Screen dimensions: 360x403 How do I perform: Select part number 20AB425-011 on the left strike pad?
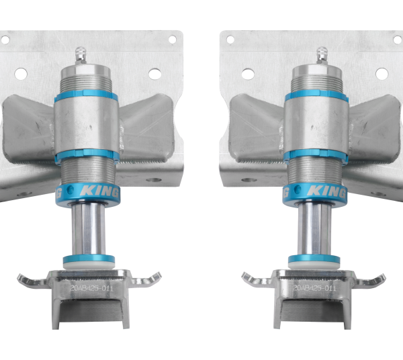coord(90,287)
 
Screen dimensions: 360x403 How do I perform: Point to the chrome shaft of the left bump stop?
coord(89,228)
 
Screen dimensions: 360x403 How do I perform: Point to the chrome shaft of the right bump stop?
coord(314,228)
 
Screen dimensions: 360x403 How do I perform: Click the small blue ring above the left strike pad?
coord(89,260)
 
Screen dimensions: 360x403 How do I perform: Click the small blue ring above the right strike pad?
coord(314,260)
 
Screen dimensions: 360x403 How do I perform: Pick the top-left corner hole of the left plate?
coord(5,40)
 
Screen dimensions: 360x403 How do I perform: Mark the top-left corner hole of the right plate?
coord(230,40)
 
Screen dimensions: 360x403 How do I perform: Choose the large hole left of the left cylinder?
coord(21,73)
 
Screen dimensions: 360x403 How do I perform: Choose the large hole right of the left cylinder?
coord(154,74)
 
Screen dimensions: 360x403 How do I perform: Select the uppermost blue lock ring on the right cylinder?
coord(316,96)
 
